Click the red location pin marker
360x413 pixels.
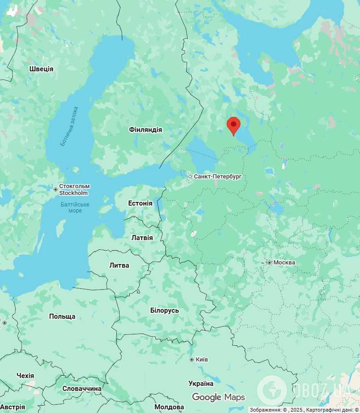click(234, 125)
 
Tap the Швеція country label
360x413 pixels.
click(41, 69)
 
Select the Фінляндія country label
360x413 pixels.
click(146, 130)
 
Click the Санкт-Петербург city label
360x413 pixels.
click(217, 177)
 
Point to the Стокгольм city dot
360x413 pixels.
click(56, 189)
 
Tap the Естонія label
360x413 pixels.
click(140, 203)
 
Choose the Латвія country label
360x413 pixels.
click(142, 238)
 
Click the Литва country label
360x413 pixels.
click(119, 265)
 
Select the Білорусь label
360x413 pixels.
click(165, 310)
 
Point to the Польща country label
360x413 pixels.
click(62, 316)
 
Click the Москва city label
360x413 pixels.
click(284, 263)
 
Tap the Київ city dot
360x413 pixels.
click(192, 359)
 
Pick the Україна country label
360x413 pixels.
click(201, 384)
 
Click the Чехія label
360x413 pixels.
click(25, 376)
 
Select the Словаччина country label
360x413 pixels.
click(82, 389)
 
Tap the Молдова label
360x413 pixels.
click(169, 407)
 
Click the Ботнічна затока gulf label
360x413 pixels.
click(69, 126)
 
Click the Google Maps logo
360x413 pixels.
click(218, 397)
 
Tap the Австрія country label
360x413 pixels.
click(13, 407)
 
